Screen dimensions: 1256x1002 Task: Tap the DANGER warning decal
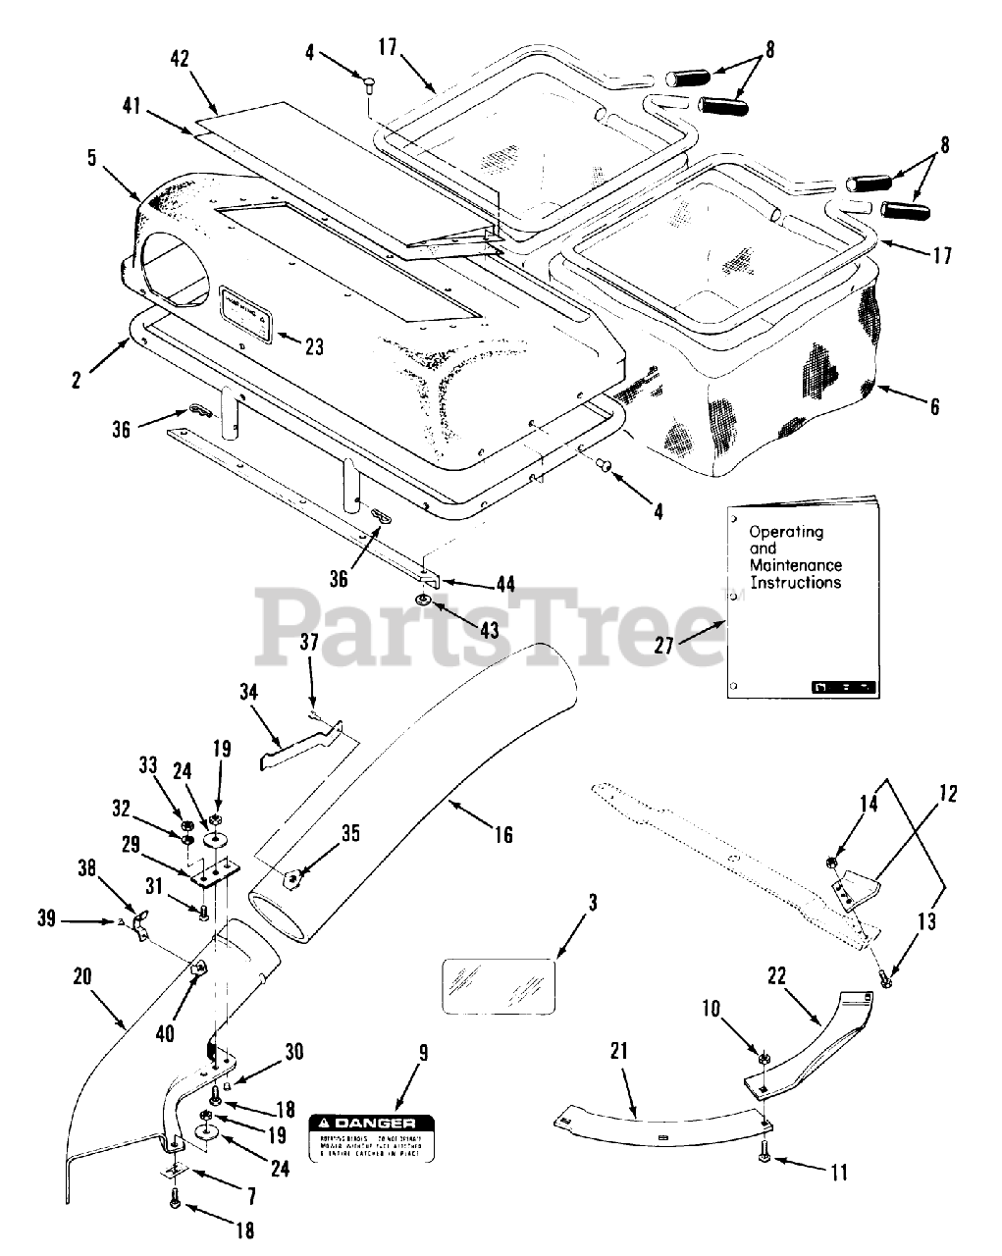pos(372,1138)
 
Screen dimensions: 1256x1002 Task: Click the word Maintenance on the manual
pos(795,565)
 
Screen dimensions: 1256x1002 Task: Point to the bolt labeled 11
pos(768,1161)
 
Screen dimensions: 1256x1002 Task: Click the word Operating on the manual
pos(786,532)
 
